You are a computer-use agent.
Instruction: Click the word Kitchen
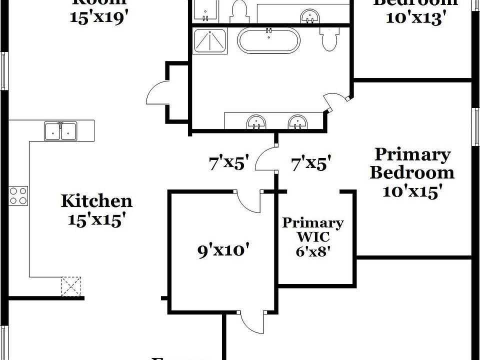click(x=96, y=201)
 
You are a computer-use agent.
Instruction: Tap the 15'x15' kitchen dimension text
click(x=96, y=219)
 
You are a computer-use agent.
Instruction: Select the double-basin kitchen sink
click(x=60, y=131)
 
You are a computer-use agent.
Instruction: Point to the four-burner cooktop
click(x=18, y=195)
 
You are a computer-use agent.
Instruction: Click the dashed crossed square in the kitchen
click(x=71, y=286)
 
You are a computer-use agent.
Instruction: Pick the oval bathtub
click(x=268, y=40)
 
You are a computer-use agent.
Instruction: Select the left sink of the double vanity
click(x=256, y=121)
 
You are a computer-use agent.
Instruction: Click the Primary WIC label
click(x=313, y=229)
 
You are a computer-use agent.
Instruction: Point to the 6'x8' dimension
click(x=313, y=251)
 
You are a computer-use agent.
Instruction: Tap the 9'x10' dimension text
click(x=223, y=250)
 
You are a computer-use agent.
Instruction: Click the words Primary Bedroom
click(x=412, y=163)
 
